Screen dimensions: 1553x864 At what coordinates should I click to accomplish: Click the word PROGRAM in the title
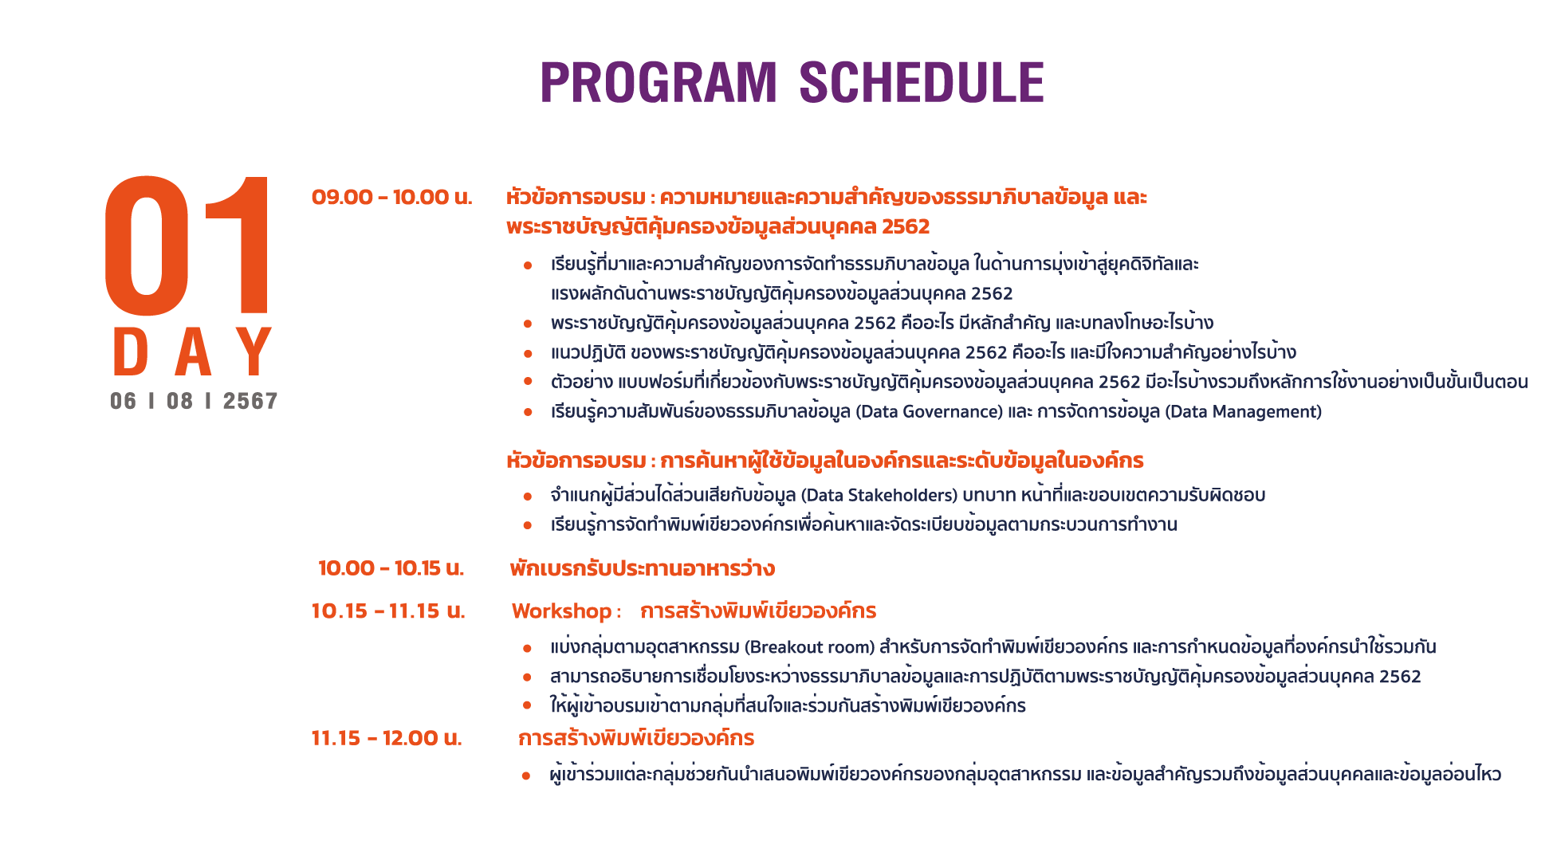coord(659,82)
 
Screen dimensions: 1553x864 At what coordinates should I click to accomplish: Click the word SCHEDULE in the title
coord(922,82)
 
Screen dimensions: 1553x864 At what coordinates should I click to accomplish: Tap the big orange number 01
coord(189,245)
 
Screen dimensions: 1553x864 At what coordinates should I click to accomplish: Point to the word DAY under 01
coord(193,351)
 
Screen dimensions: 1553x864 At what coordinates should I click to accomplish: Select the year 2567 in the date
coord(250,401)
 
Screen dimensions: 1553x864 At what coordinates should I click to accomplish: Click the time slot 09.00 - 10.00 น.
coord(392,197)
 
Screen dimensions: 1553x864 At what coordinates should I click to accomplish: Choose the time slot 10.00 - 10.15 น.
coord(391,568)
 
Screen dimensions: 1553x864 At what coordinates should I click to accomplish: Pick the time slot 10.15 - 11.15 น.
coord(388,611)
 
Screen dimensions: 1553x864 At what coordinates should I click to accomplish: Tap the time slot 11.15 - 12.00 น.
coord(387,738)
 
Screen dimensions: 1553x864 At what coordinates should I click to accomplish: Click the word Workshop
coord(561,611)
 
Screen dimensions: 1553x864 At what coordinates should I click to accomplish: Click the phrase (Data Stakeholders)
coord(879,496)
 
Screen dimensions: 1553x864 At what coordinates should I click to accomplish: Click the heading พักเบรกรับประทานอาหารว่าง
coord(643,568)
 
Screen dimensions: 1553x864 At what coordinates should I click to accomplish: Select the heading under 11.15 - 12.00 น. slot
coord(636,738)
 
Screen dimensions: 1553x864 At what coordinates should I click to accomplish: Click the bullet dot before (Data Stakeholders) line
coord(528,497)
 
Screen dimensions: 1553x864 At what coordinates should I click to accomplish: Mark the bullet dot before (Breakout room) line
coord(528,648)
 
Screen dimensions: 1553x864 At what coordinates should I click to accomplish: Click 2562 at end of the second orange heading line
coord(906,227)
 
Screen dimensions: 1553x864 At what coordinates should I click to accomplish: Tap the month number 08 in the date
coord(180,401)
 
